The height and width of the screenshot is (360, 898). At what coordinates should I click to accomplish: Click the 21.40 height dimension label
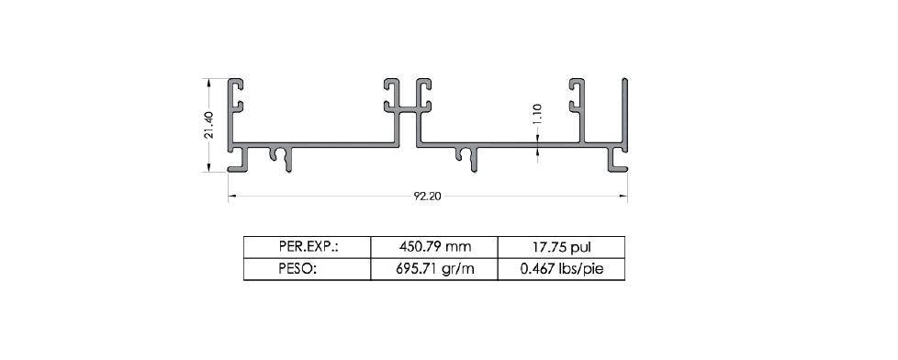point(208,124)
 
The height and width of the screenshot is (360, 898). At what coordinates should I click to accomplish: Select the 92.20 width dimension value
point(428,196)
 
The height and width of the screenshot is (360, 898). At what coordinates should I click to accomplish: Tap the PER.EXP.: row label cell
point(309,247)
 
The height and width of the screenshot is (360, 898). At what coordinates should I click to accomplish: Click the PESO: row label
point(297,269)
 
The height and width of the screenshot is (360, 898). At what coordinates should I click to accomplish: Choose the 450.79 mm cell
point(434,247)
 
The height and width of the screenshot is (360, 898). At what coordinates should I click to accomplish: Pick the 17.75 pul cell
point(561,247)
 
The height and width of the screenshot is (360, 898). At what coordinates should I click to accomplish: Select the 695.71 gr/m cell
point(434,269)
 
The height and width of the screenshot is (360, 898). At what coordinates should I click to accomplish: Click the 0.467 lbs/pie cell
point(561,269)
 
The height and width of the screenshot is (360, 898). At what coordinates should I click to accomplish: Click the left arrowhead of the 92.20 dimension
point(232,196)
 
